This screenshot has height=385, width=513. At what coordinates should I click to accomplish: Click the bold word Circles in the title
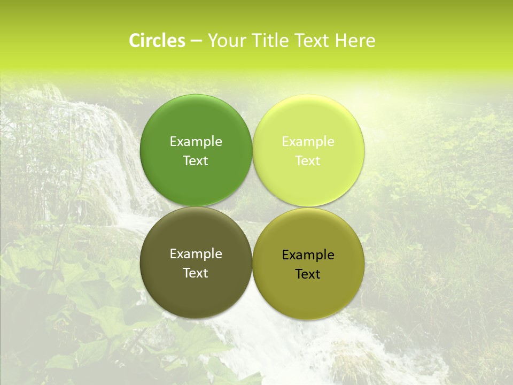pyautogui.click(x=157, y=41)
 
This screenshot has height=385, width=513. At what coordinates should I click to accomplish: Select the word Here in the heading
pyautogui.click(x=355, y=41)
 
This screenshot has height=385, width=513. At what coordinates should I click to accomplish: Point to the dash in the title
pyautogui.click(x=196, y=41)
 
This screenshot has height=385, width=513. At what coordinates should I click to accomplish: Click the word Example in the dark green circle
pyautogui.click(x=196, y=141)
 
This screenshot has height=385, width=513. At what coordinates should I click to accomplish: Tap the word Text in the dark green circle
pyautogui.click(x=196, y=160)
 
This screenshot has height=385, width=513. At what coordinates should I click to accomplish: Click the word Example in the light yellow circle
pyautogui.click(x=308, y=141)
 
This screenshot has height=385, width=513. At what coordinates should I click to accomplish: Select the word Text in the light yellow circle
pyautogui.click(x=308, y=160)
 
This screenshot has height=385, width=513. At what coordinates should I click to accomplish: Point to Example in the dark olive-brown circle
pyautogui.click(x=196, y=254)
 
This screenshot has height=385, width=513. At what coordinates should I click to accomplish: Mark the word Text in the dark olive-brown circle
pyautogui.click(x=196, y=273)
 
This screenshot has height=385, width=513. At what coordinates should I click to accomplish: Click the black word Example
pyautogui.click(x=308, y=255)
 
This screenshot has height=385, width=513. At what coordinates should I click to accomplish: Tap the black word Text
pyautogui.click(x=308, y=274)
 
